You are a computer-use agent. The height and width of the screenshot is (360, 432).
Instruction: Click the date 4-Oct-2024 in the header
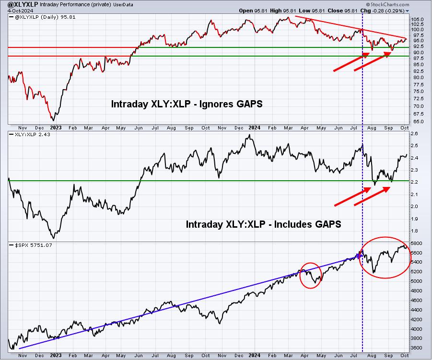21,11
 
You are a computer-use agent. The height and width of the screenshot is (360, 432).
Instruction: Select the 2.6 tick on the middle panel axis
414,134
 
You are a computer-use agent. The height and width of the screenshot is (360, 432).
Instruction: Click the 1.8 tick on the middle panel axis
414,231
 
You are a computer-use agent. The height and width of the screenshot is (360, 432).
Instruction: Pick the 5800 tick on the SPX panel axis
416,244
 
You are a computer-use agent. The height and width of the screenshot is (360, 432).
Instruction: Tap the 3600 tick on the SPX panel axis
416,348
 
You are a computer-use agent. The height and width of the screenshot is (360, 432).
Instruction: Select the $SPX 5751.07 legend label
34,245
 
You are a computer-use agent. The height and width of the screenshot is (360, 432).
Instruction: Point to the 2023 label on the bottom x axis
56,355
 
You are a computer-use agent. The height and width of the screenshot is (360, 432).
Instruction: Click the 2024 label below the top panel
254,128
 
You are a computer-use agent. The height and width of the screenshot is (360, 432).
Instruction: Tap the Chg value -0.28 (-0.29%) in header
388,11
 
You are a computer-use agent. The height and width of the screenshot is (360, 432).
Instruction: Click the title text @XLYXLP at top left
23,4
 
